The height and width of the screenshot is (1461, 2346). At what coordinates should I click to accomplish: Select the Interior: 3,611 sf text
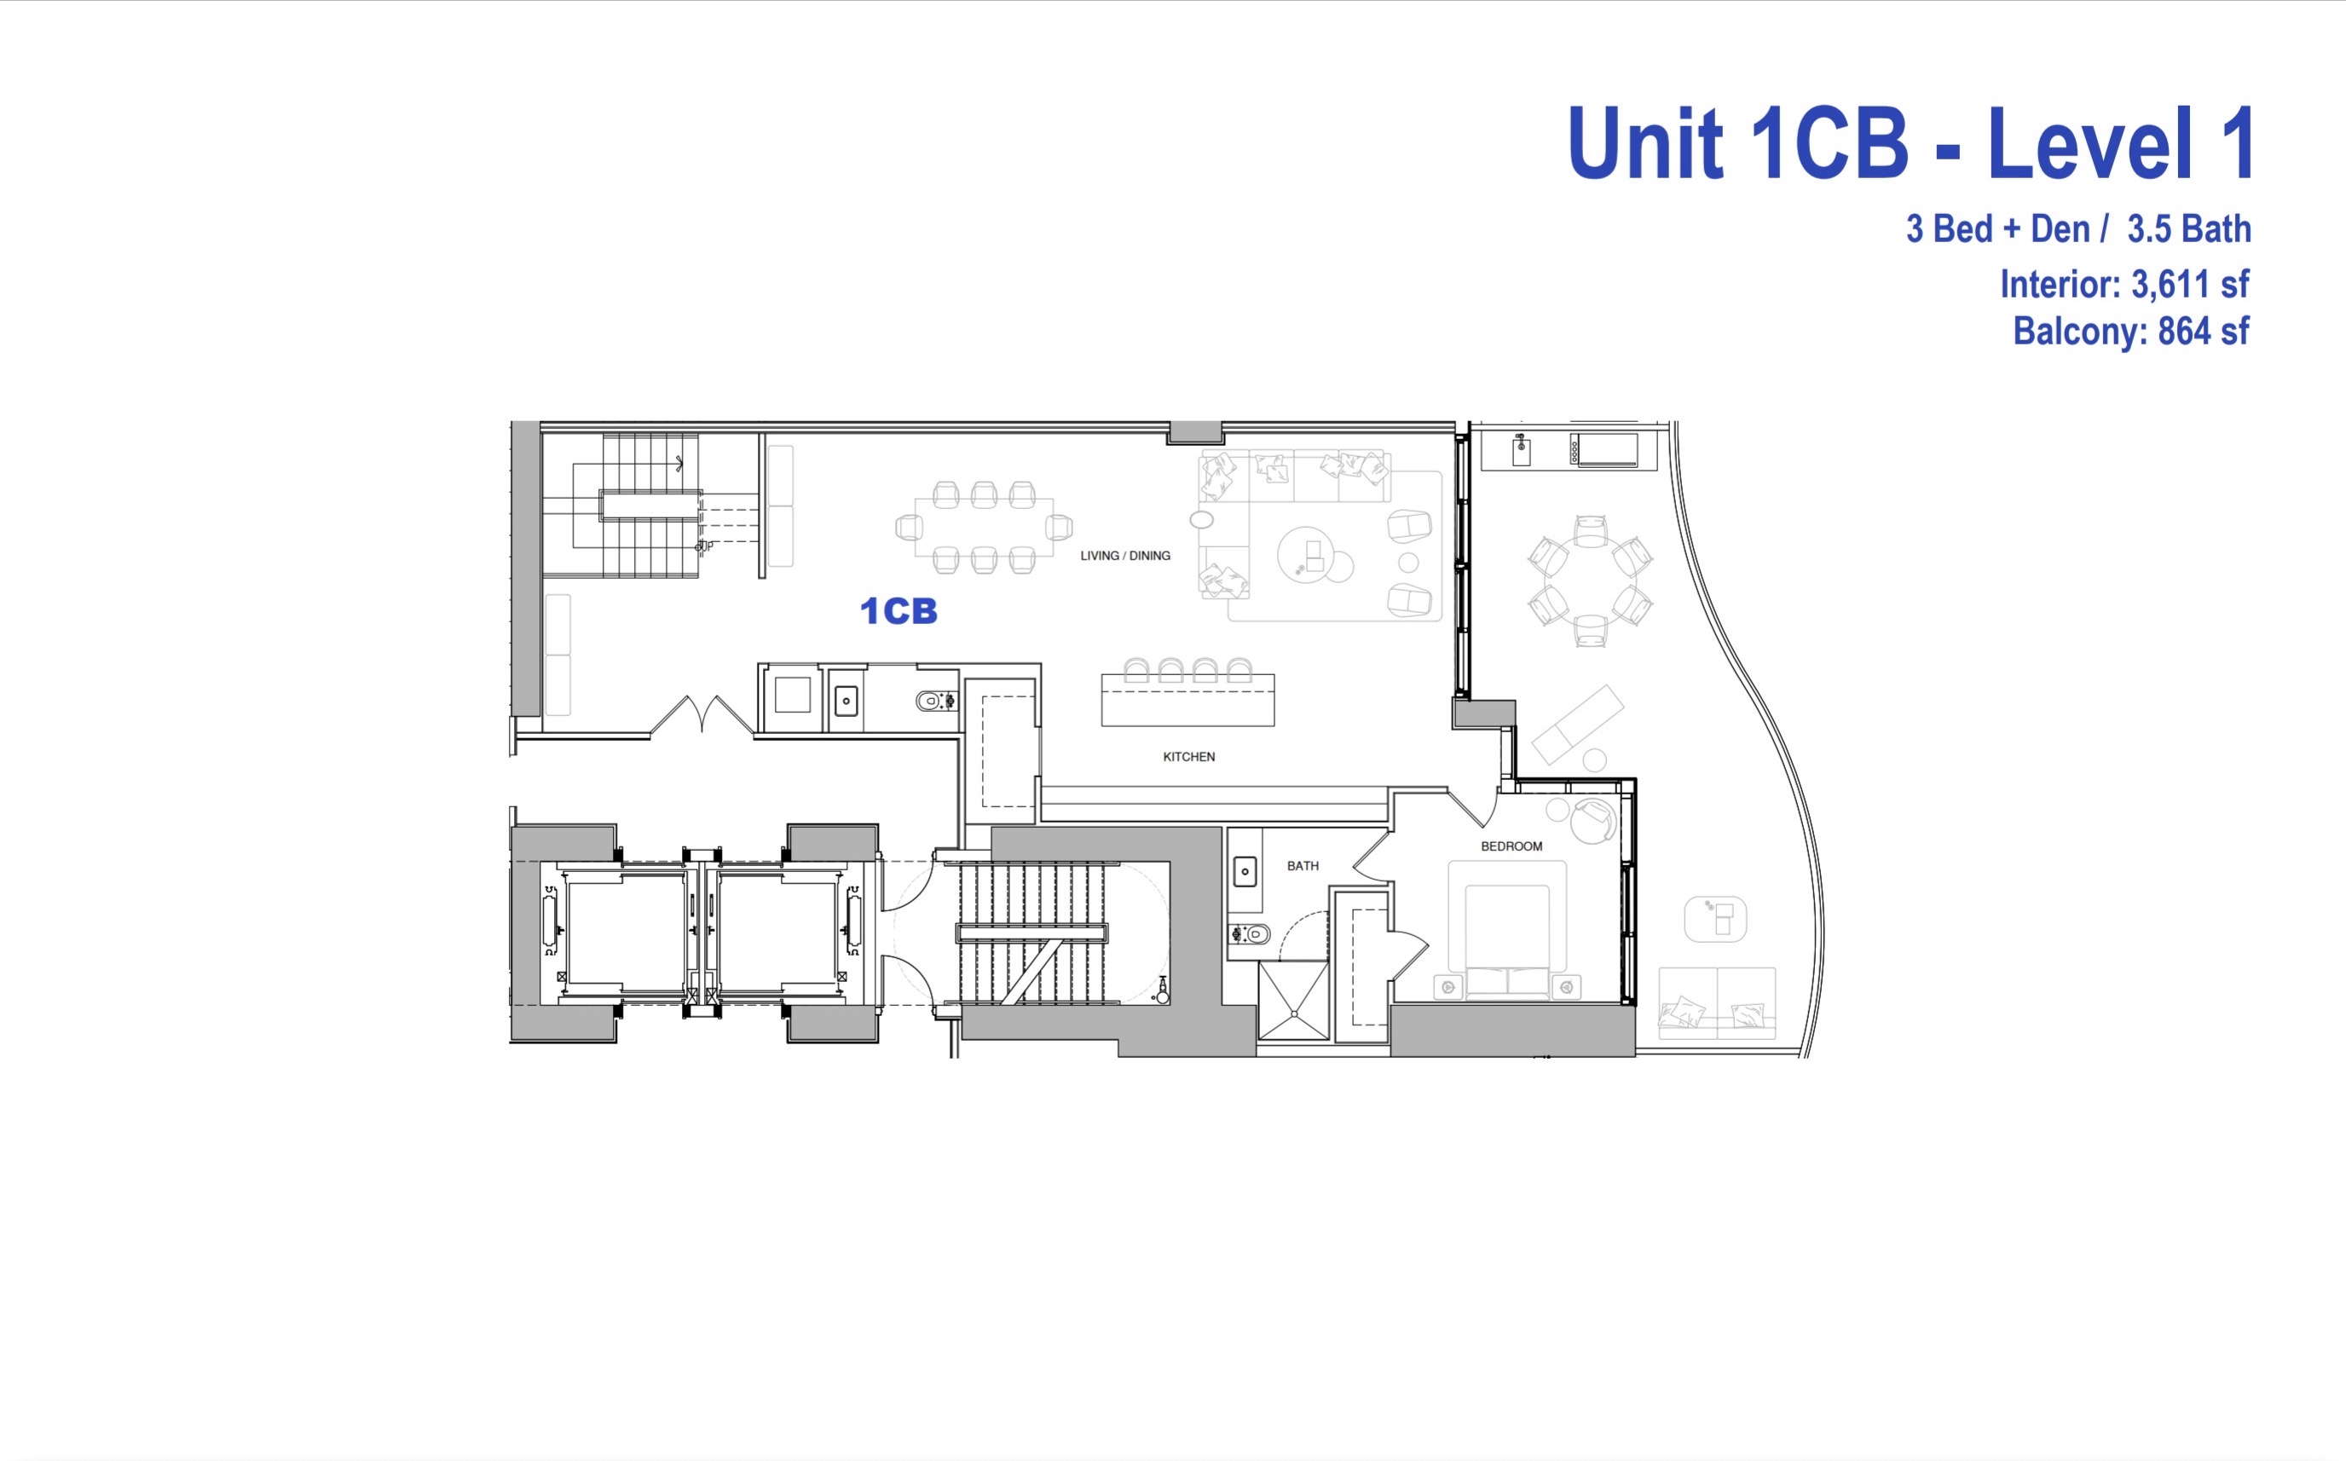(2124, 284)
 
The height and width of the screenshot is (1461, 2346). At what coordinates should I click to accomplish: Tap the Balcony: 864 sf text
(2130, 332)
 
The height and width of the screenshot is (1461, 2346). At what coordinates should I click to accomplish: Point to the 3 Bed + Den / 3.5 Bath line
(2077, 230)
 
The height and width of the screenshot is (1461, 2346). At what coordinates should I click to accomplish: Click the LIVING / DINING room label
(1124, 556)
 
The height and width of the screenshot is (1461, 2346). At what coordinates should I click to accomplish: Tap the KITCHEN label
(1188, 757)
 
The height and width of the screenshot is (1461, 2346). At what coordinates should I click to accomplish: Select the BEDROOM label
(1511, 846)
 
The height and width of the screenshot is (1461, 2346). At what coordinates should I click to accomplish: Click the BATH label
(1303, 866)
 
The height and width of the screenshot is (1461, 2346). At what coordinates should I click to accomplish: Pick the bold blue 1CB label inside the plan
(899, 610)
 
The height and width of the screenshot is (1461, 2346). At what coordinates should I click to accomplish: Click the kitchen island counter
(1187, 701)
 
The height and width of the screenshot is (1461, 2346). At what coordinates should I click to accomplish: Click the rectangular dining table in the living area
(984, 528)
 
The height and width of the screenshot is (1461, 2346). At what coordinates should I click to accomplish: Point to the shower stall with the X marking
(1293, 1001)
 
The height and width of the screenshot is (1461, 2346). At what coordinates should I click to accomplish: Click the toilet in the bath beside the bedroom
(1252, 934)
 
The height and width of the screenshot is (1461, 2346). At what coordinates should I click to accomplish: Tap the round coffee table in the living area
(1305, 556)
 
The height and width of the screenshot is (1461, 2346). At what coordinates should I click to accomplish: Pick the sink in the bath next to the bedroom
(1245, 872)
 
